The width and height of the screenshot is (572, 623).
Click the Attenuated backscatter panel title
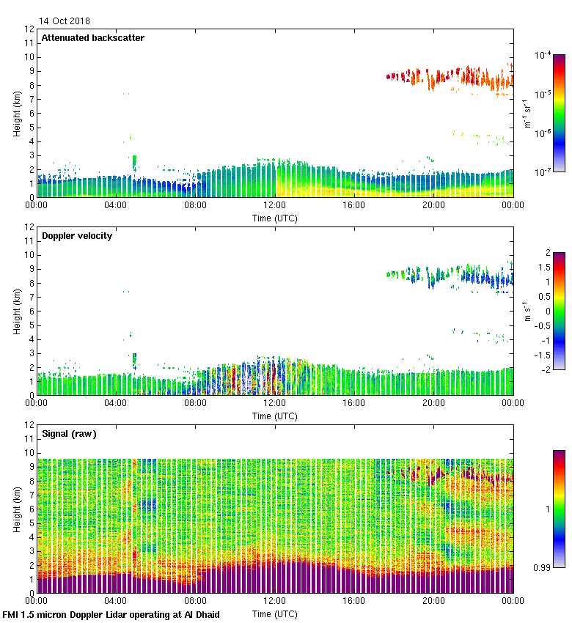pyautogui.click(x=93, y=38)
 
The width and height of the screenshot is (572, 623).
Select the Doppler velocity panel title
pyautogui.click(x=77, y=236)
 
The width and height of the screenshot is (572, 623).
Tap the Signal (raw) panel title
pyautogui.click(x=69, y=434)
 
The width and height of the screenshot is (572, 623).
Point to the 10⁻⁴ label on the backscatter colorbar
pyautogui.click(x=543, y=55)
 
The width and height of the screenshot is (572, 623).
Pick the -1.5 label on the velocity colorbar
pyautogui.click(x=543, y=355)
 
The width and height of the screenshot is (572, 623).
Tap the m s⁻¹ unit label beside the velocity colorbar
pyautogui.click(x=527, y=311)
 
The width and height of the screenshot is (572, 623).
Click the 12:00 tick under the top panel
pyautogui.click(x=275, y=205)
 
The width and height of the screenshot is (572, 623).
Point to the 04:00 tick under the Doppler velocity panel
pyautogui.click(x=117, y=402)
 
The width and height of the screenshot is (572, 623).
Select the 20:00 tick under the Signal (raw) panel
pyautogui.click(x=433, y=600)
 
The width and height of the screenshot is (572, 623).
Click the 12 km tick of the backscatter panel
pyautogui.click(x=30, y=29)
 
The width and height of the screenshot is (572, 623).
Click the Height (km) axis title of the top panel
pyautogui.click(x=16, y=114)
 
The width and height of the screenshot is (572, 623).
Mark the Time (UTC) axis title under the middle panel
pyautogui.click(x=275, y=416)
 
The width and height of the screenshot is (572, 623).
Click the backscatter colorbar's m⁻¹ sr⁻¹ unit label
pyautogui.click(x=527, y=113)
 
